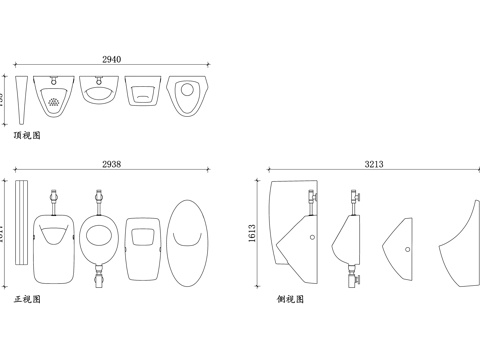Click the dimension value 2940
(112, 60)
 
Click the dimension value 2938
(112, 163)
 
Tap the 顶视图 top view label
(27, 133)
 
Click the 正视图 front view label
(27, 299)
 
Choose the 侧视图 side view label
(290, 299)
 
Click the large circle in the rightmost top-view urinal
(187, 91)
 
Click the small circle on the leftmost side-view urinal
(313, 239)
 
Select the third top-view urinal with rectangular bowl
(142, 93)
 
